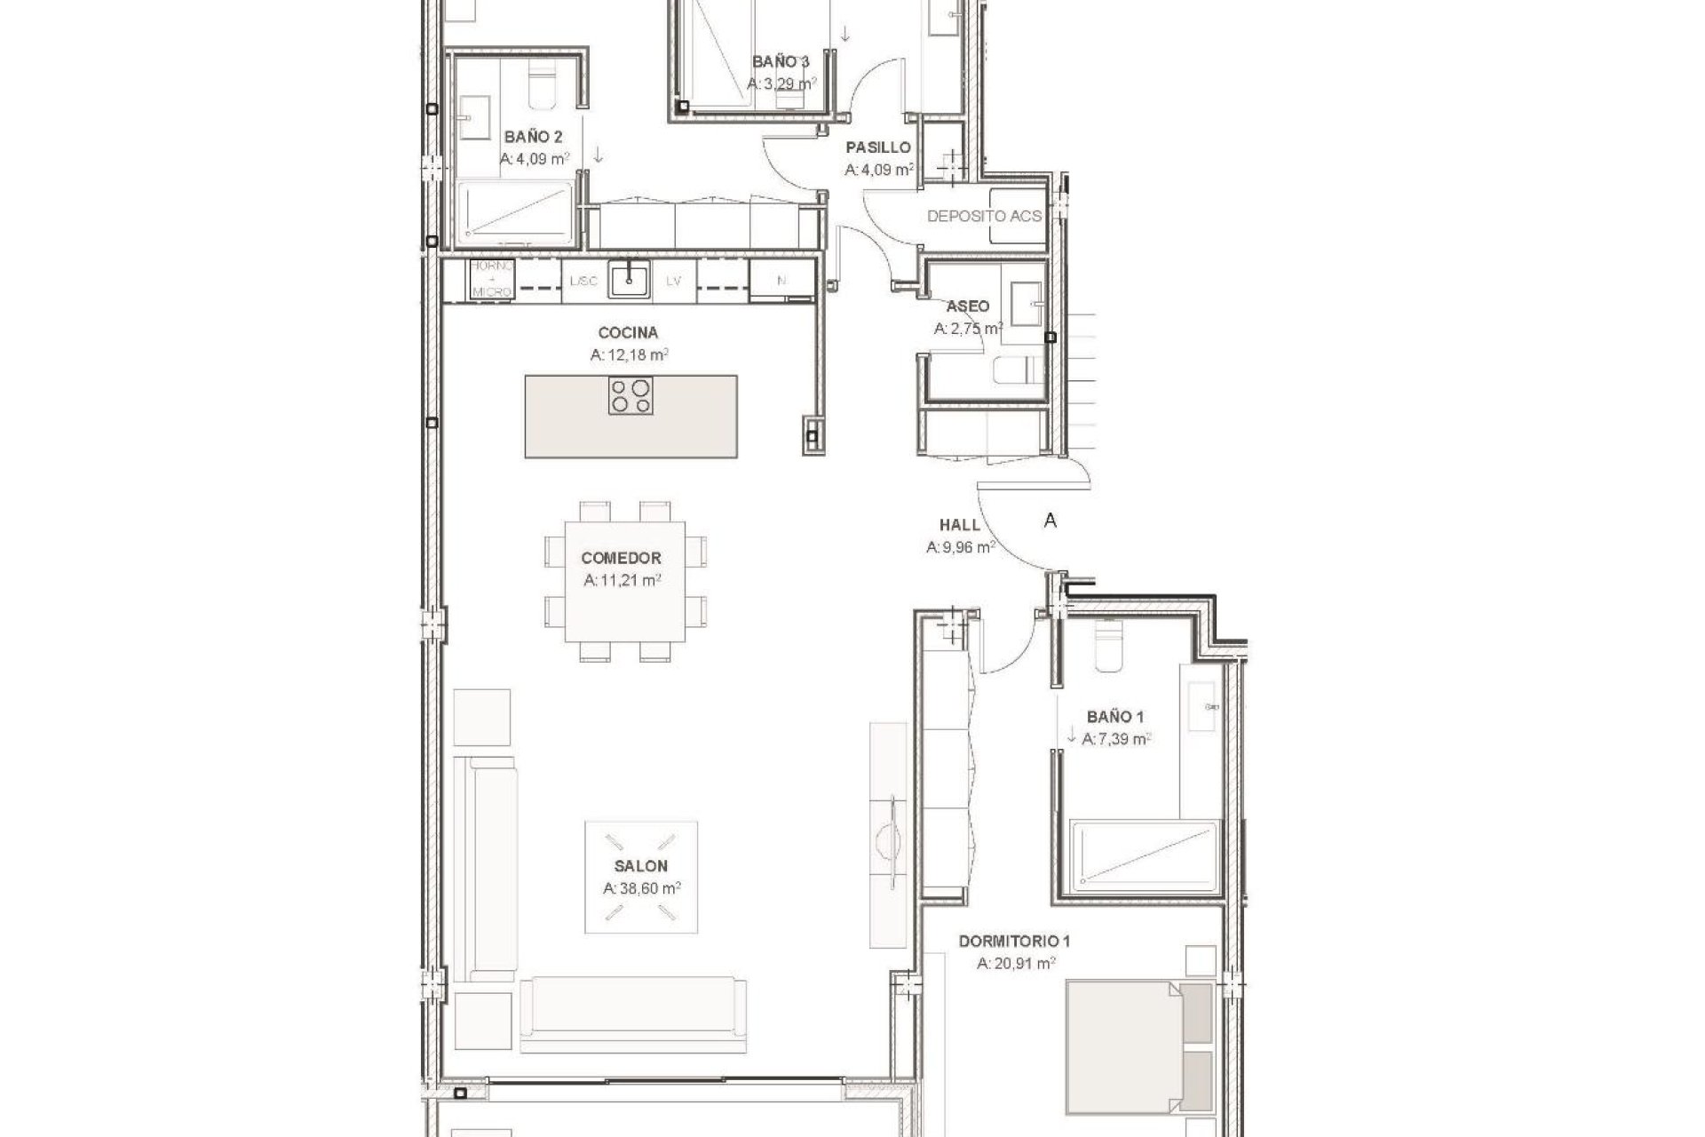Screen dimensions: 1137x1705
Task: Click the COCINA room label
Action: pyautogui.click(x=628, y=333)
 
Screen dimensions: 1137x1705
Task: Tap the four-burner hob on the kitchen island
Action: pyautogui.click(x=630, y=395)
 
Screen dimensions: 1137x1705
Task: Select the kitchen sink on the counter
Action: pyautogui.click(x=630, y=280)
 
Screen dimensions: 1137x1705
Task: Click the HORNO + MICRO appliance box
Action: pyautogui.click(x=491, y=280)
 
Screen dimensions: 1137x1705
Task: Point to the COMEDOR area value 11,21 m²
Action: pyautogui.click(x=622, y=581)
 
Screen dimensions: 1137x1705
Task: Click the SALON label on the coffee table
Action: pyautogui.click(x=640, y=866)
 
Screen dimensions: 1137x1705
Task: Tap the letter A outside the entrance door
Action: pyautogui.click(x=1051, y=521)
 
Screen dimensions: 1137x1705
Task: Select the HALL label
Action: pyautogui.click(x=959, y=525)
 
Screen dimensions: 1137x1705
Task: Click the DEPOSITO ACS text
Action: pyautogui.click(x=984, y=216)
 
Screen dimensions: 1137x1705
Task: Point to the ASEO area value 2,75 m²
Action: pyautogui.click(x=968, y=329)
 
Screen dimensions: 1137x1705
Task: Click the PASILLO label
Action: pyautogui.click(x=877, y=147)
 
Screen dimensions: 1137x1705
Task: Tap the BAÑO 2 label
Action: pyautogui.click(x=533, y=137)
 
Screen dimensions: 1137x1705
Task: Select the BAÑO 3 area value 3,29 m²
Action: pyautogui.click(x=781, y=84)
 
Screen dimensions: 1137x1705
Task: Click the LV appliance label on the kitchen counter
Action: pyautogui.click(x=673, y=281)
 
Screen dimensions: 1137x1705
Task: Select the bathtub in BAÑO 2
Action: pyautogui.click(x=516, y=213)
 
